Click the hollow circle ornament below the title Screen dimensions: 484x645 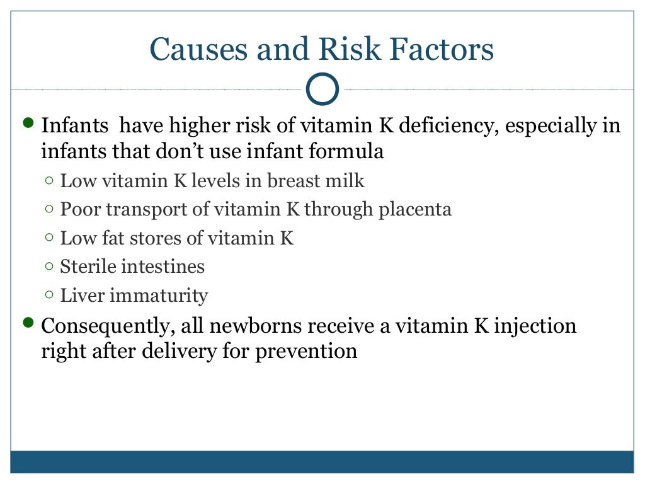point(322,90)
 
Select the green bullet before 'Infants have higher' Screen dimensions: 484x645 point(27,122)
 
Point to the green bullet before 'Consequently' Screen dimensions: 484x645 point(27,323)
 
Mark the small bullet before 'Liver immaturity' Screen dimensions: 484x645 point(50,295)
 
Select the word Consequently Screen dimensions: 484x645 point(107,326)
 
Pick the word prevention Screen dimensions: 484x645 point(306,350)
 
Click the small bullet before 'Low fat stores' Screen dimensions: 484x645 point(50,238)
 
